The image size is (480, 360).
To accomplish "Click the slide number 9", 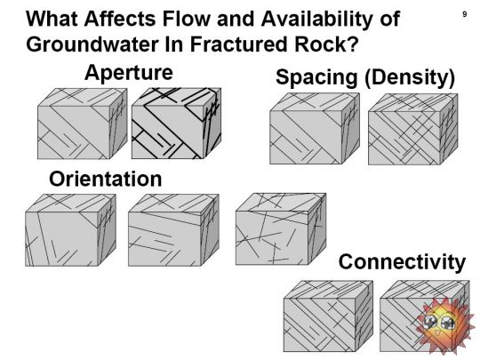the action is (464, 14).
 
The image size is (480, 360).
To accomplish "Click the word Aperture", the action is (129, 73).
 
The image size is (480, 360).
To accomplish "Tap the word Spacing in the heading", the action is (316, 76).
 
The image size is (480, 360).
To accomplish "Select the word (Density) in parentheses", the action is (410, 76).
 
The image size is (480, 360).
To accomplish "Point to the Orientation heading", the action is (105, 179).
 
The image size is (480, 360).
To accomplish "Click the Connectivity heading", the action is (402, 262).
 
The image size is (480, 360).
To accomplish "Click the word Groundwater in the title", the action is (92, 44).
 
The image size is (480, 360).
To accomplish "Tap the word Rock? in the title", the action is (326, 44).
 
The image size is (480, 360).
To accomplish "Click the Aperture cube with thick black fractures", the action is (176, 124).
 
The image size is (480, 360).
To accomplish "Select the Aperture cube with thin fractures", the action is (82, 124).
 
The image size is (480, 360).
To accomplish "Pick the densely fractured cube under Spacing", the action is (413, 129).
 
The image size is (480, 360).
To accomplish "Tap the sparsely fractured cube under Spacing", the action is (315, 129).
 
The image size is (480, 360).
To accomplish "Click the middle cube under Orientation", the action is (173, 230).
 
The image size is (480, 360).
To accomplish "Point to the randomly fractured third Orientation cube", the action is (281, 229).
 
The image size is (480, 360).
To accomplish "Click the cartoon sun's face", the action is (440, 323).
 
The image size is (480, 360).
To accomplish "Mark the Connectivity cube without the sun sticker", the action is (328, 316).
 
